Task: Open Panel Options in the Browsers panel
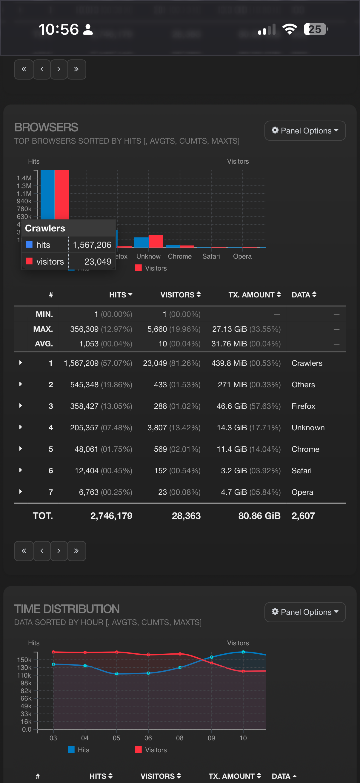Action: point(305,131)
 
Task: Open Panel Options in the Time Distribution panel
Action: point(305,612)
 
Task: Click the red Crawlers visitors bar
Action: point(62,194)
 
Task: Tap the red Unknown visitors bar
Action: point(156,241)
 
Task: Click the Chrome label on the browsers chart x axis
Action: point(179,256)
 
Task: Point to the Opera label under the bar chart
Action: point(242,256)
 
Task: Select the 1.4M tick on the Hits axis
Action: point(24,178)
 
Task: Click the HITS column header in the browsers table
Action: point(120,294)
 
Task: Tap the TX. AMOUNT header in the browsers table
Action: point(254,294)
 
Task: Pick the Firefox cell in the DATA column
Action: point(303,406)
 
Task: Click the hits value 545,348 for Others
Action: point(84,385)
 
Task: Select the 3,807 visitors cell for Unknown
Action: point(157,428)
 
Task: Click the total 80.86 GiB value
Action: point(259,515)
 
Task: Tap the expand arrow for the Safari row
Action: point(21,470)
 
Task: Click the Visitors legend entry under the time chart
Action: point(151,750)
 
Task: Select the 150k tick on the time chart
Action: point(24,660)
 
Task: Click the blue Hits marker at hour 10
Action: point(243,652)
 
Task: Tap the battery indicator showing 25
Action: point(316,29)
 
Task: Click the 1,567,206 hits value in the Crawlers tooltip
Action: point(92,245)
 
